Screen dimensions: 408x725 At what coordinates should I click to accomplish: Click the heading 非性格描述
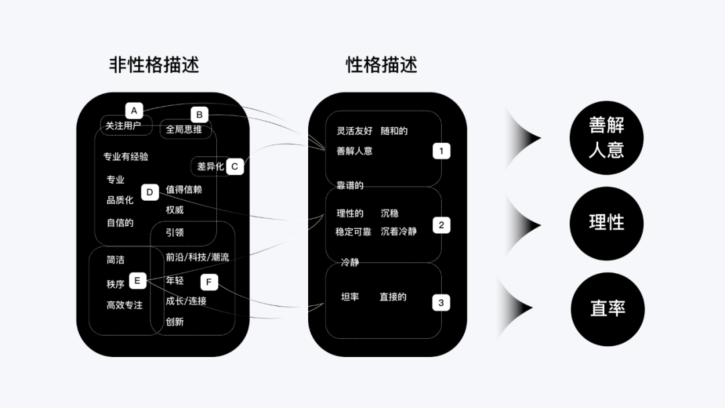154,64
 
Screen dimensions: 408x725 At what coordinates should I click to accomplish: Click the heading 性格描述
381,64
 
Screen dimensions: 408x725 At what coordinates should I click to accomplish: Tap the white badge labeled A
134,111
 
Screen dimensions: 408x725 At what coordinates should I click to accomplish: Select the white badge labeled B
199,115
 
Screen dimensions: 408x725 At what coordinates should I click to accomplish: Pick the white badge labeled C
234,166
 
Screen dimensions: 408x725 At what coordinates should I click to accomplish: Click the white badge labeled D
150,193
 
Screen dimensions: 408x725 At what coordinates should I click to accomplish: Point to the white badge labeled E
137,280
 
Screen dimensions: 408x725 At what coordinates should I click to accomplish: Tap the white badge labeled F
209,283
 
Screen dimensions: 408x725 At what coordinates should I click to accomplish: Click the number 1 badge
441,151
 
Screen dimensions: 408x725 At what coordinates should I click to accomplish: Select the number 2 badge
441,225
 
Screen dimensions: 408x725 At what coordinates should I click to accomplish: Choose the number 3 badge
441,303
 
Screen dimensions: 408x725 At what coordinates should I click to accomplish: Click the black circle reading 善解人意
606,138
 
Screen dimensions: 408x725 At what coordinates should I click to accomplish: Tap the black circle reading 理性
606,223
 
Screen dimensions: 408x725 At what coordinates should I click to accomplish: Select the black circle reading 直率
608,308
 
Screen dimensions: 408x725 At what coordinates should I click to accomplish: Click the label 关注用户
124,125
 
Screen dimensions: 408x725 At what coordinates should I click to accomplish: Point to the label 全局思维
184,130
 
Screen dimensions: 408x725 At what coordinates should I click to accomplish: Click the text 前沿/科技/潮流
197,258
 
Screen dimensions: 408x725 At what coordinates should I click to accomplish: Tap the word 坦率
350,297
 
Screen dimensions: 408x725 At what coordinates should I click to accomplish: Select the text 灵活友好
354,131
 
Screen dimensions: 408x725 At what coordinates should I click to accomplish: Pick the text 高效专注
125,305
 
